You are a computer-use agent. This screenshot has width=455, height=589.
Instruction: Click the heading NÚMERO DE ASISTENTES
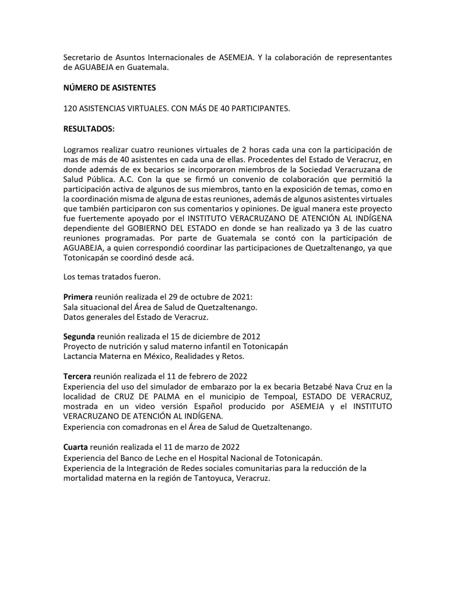click(109, 88)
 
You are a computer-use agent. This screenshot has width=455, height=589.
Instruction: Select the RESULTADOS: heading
click(89, 129)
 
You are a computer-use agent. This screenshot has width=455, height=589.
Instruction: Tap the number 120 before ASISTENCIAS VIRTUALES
click(70, 109)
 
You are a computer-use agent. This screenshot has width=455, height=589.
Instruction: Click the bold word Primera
click(78, 297)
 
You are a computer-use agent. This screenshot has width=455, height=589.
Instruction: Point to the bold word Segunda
click(79, 336)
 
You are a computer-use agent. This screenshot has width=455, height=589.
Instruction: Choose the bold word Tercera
click(77, 376)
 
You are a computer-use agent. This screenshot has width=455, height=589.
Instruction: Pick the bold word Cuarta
click(75, 447)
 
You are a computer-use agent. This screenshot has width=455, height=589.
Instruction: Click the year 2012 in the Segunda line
click(251, 336)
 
